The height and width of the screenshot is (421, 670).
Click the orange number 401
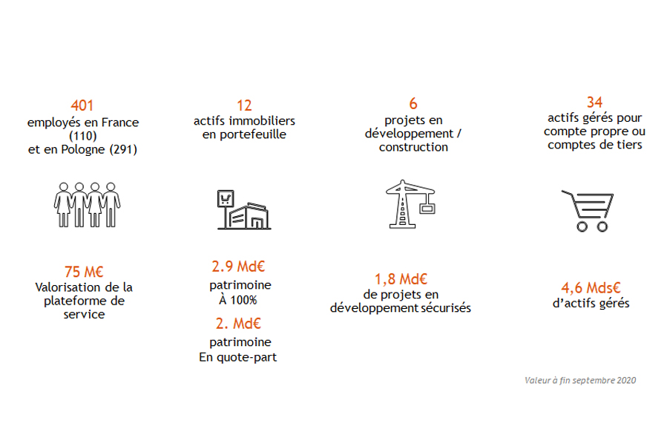pyautogui.click(x=82, y=105)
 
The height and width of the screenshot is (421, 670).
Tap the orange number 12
pyautogui.click(x=244, y=105)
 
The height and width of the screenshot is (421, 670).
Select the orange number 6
pyautogui.click(x=413, y=103)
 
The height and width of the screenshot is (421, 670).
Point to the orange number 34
pyautogui.click(x=594, y=102)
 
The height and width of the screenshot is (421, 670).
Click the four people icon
pyautogui.click(x=87, y=205)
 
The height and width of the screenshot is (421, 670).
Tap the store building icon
pyautogui.click(x=244, y=209)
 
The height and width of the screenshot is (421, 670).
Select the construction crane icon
pyautogui.click(x=410, y=204)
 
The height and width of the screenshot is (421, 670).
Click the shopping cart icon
pyautogui.click(x=588, y=211)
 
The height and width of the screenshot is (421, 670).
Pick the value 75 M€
pyautogui.click(x=84, y=272)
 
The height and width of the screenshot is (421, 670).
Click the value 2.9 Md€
pyautogui.click(x=238, y=267)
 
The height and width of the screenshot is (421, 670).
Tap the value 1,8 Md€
pyautogui.click(x=401, y=279)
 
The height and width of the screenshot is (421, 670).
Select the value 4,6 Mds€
pyautogui.click(x=591, y=287)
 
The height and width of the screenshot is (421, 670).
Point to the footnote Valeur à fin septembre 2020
pyautogui.click(x=580, y=380)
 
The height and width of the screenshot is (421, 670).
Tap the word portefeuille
pyautogui.click(x=253, y=134)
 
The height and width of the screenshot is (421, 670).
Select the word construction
pyautogui.click(x=413, y=147)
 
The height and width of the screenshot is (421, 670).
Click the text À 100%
pyautogui.click(x=238, y=300)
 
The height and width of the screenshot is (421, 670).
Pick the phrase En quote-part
pyautogui.click(x=237, y=357)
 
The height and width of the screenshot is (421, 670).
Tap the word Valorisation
pyautogui.click(x=67, y=287)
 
